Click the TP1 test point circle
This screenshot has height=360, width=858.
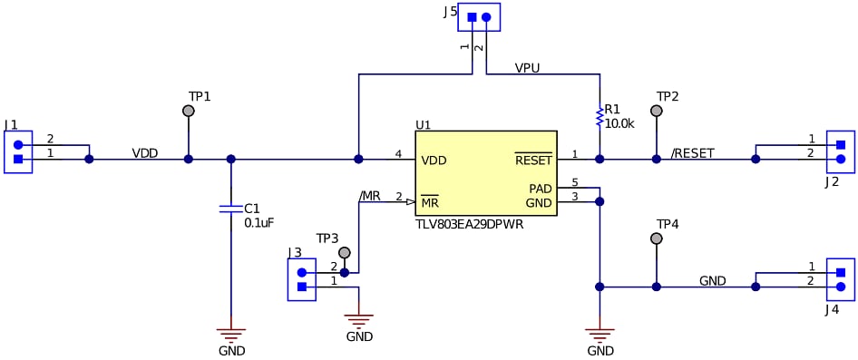click(189, 111)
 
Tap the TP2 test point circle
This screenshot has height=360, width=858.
click(657, 111)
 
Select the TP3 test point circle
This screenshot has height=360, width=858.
click(344, 252)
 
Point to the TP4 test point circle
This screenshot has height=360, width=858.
click(657, 238)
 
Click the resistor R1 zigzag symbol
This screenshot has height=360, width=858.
click(599, 117)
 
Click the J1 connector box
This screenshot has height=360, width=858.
click(18, 151)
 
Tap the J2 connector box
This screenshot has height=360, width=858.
click(840, 151)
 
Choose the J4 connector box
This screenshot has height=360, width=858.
click(840, 279)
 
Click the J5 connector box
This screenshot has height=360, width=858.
click(479, 17)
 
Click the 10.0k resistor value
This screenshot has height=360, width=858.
click(619, 122)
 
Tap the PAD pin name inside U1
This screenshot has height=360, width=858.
click(541, 189)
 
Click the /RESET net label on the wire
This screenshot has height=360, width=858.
click(692, 153)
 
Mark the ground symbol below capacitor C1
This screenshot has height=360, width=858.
click(231, 335)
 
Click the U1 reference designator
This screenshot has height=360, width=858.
click(424, 124)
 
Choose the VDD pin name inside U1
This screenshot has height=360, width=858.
click(434, 161)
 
